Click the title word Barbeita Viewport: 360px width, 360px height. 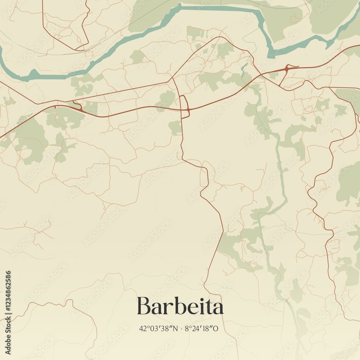(180, 306)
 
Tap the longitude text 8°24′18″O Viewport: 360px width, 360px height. (201, 328)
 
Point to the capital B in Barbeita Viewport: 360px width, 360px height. (144, 306)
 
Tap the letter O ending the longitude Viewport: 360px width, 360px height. (215, 328)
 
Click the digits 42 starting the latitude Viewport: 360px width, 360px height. (142, 328)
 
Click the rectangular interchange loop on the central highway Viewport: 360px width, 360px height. (184, 107)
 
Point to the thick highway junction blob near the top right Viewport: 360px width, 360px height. (287, 68)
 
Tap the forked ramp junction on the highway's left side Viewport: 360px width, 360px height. (77, 107)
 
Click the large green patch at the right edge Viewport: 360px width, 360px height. (348, 184)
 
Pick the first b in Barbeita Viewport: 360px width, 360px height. (175, 306)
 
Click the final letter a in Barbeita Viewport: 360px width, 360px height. (217, 308)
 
